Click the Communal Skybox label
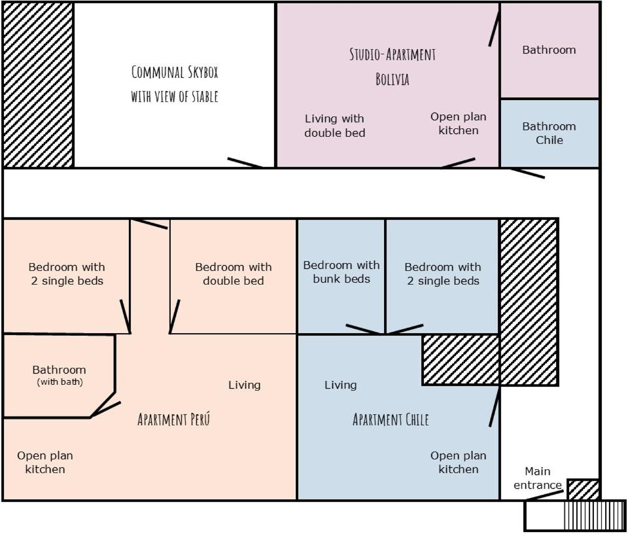click(x=175, y=84)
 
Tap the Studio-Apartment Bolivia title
click(x=392, y=67)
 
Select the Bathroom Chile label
click(x=549, y=133)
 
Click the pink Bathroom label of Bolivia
click(x=549, y=50)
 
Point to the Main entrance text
click(x=538, y=478)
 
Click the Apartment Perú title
click(x=174, y=419)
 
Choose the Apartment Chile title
click(x=391, y=419)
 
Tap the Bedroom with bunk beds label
click(x=341, y=272)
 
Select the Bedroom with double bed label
click(x=234, y=274)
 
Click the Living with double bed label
click(x=335, y=126)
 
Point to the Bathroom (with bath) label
click(x=60, y=375)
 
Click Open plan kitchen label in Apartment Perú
click(x=45, y=462)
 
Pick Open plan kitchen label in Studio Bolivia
click(x=459, y=124)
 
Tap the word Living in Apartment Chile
click(x=340, y=385)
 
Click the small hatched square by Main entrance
click(x=584, y=489)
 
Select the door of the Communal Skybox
click(x=245, y=163)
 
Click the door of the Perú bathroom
click(x=105, y=410)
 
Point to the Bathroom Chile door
click(x=527, y=173)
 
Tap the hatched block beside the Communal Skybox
click(x=38, y=84)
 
